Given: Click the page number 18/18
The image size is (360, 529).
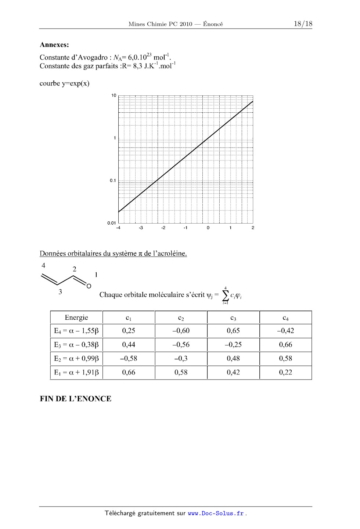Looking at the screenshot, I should (303, 24).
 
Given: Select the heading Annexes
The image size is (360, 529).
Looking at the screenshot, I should (54, 45).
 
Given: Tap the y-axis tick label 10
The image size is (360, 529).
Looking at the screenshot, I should (114, 95).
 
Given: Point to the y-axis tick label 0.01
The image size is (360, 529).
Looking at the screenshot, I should (111, 223).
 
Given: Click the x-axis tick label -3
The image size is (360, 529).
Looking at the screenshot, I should (141, 228).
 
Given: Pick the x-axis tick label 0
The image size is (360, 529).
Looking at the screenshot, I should (208, 228).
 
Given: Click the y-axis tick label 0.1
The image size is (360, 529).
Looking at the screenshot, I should (112, 181).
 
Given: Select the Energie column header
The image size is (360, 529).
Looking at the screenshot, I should (76, 318).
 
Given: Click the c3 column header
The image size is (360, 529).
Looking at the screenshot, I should (233, 318).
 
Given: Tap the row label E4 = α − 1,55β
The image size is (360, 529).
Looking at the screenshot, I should (76, 331).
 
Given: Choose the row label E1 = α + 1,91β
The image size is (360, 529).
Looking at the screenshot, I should (76, 372).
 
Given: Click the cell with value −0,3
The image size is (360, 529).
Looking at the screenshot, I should (181, 358).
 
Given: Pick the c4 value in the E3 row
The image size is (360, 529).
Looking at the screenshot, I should (285, 344).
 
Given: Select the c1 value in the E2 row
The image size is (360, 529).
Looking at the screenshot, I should (129, 358).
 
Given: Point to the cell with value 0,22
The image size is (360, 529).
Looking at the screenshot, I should (285, 372).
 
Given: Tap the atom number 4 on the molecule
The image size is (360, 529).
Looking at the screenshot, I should (43, 265).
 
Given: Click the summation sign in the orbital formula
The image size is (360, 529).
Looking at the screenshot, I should (226, 295).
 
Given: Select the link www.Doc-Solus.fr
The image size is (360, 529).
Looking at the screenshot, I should (216, 513).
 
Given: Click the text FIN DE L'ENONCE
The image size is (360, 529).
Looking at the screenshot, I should (75, 399).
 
